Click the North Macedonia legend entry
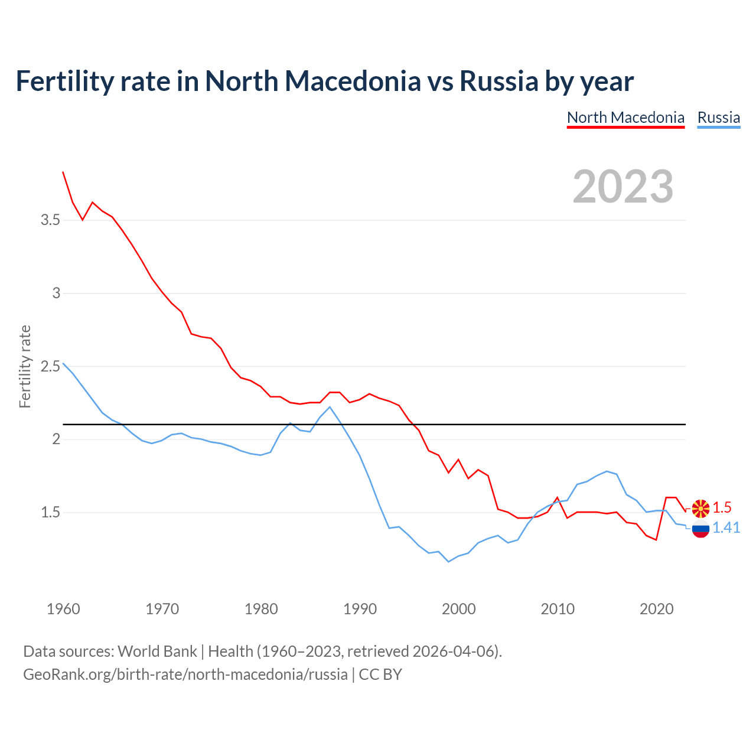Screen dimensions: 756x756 [x=625, y=118]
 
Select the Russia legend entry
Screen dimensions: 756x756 [x=718, y=118]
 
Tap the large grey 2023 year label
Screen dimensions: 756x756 [x=623, y=187]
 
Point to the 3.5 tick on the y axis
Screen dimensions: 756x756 [x=50, y=220]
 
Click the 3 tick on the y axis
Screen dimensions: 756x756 [x=56, y=294]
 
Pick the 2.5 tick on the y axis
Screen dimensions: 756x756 [x=50, y=366]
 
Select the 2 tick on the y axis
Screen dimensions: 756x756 [x=56, y=439]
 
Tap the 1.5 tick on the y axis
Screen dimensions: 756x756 [x=50, y=512]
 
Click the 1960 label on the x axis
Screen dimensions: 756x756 [x=63, y=609]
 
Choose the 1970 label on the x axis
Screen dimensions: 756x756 [x=162, y=609]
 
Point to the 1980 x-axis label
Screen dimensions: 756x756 [x=261, y=609]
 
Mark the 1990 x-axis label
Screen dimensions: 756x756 [x=360, y=609]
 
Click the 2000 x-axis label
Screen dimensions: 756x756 [x=458, y=609]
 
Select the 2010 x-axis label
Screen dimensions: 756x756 [x=558, y=609]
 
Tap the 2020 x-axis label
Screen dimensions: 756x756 [x=656, y=609]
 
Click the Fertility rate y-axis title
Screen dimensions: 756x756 [x=25, y=366]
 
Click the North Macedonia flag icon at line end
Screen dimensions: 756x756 [x=700, y=508]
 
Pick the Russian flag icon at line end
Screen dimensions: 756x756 [x=700, y=529]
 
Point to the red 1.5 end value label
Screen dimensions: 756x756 [x=722, y=507]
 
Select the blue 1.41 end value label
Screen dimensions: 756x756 [x=726, y=527]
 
